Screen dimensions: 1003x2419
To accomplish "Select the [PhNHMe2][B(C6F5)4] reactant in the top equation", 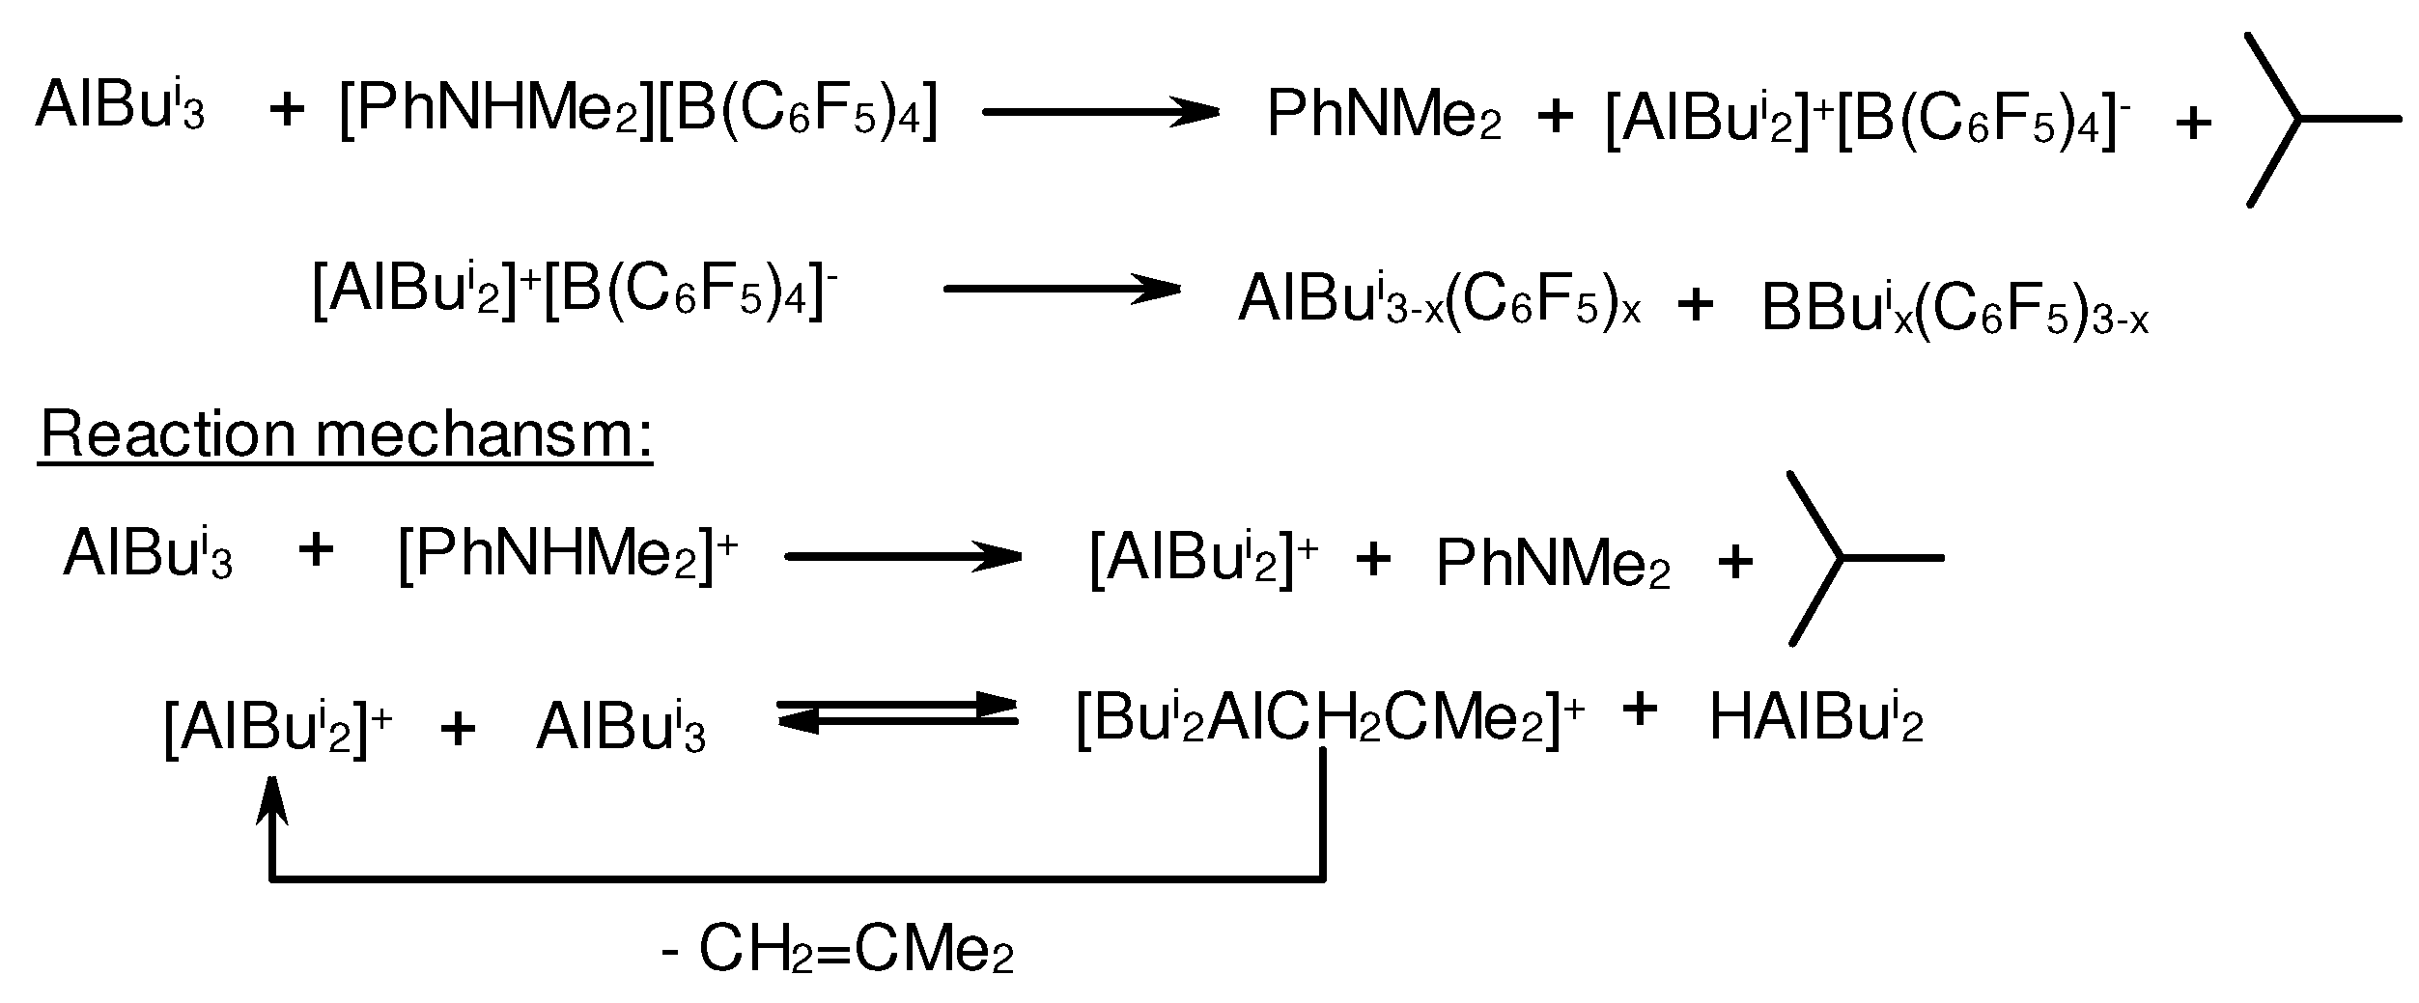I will click(638, 114).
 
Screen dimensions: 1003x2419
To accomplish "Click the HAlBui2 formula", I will click(1815, 720).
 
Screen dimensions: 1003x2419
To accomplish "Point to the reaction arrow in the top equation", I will click(1101, 112).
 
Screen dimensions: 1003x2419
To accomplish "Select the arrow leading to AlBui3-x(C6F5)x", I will click(1061, 289).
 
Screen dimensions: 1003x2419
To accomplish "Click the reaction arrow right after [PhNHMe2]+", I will click(903, 556).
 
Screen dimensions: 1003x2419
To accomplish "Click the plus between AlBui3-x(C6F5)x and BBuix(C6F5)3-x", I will click(1696, 305).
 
